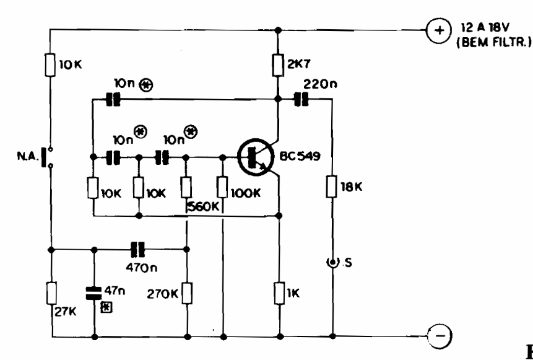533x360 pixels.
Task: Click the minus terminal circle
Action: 439,338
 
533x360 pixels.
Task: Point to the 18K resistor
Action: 333,185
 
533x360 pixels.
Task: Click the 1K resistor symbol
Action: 279,289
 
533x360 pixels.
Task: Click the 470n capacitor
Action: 137,250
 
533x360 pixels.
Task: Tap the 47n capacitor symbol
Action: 93,291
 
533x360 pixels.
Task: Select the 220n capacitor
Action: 301,98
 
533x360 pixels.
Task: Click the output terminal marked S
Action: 333,263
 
